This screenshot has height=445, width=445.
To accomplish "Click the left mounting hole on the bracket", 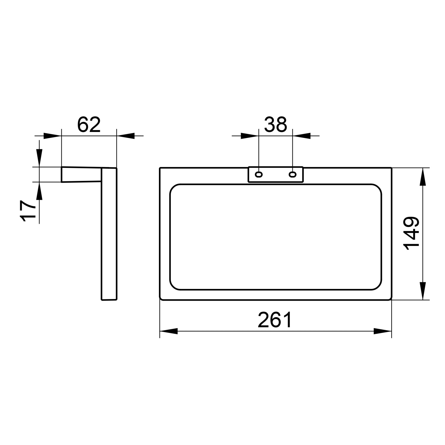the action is pyautogui.click(x=259, y=174).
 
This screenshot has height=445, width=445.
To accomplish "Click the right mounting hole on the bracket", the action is pyautogui.click(x=293, y=174).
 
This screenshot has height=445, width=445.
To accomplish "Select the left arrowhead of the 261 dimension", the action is pyautogui.click(x=169, y=331).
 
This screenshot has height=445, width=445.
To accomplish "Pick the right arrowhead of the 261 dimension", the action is pyautogui.click(x=383, y=331).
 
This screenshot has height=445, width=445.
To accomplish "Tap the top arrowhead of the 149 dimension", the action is pyautogui.click(x=423, y=177).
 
